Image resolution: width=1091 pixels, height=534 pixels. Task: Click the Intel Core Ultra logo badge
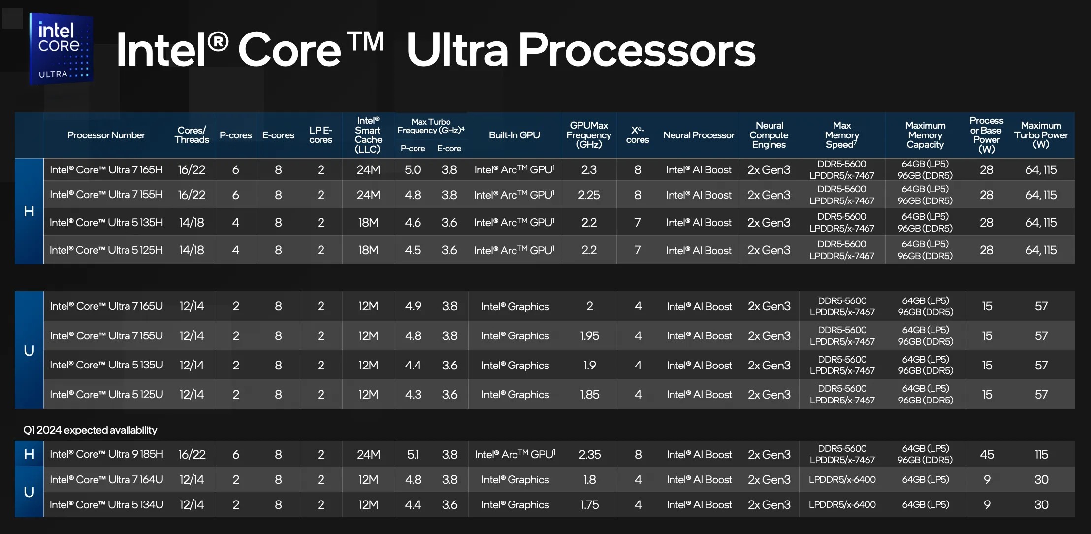click(x=61, y=49)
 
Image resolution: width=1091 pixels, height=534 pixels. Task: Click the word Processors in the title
click(x=637, y=50)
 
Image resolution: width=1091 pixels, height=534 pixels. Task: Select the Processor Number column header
click(x=106, y=135)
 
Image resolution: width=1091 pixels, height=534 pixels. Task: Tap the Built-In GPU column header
click(x=514, y=135)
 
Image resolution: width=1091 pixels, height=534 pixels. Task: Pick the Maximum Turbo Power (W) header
click(x=1041, y=135)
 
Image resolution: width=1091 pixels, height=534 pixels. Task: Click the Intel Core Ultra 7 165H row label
click(x=106, y=170)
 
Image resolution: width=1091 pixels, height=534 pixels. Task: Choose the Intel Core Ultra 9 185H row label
click(x=106, y=454)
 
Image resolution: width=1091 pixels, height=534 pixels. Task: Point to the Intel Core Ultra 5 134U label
click(x=106, y=505)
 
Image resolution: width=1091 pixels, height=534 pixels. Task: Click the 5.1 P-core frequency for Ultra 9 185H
click(x=413, y=454)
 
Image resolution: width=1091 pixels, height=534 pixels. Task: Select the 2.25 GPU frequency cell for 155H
click(x=589, y=195)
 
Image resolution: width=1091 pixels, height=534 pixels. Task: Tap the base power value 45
click(x=987, y=454)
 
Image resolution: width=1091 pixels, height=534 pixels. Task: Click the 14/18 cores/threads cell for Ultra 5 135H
click(x=192, y=223)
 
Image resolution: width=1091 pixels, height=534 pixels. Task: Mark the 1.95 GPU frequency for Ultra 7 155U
click(x=589, y=336)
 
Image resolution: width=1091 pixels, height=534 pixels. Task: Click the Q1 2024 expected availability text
click(x=90, y=430)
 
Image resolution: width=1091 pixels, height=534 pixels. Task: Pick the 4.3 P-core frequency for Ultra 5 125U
click(x=413, y=395)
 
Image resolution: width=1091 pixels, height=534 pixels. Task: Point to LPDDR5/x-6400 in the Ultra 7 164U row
click(x=842, y=480)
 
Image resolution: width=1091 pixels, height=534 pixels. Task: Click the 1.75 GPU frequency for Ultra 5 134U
click(x=589, y=505)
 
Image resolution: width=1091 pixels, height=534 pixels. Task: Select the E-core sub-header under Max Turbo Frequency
click(x=449, y=148)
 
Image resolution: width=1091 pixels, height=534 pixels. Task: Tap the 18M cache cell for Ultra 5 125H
click(x=368, y=250)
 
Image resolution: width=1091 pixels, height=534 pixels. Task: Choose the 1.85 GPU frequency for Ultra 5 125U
click(x=589, y=395)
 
